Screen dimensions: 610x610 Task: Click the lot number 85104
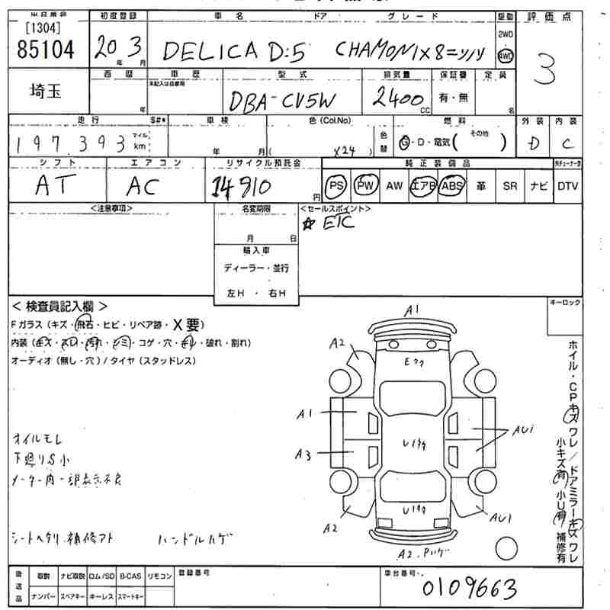46,50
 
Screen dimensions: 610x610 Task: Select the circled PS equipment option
335,185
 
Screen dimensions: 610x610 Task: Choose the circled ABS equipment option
453,185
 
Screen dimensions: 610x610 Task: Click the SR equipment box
510,185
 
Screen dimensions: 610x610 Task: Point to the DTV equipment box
567,185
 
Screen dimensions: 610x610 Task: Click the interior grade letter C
567,143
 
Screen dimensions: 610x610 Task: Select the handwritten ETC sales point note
331,223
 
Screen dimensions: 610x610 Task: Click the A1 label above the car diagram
413,309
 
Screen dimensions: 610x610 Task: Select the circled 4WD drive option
505,55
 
